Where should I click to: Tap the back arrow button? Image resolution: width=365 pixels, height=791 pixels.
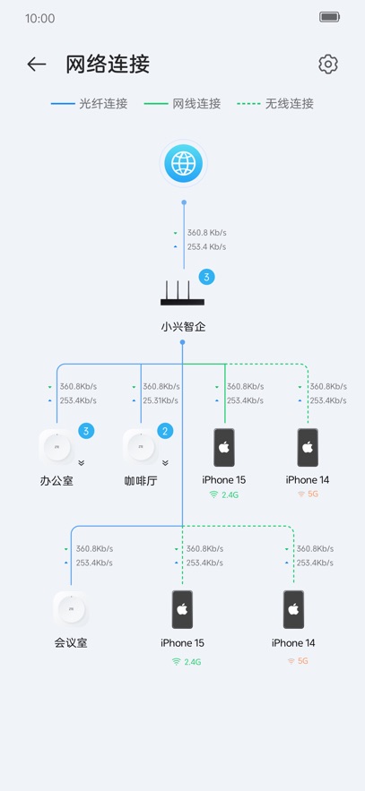click(x=36, y=64)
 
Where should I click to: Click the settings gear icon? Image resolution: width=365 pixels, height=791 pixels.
click(x=327, y=64)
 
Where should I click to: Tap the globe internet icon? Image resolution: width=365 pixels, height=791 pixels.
click(x=184, y=164)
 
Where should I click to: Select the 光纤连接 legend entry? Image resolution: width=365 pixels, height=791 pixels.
click(x=89, y=104)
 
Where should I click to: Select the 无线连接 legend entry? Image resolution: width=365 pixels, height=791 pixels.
click(x=275, y=104)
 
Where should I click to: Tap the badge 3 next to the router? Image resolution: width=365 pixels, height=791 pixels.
click(x=206, y=278)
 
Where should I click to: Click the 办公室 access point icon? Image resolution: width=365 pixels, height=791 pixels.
click(x=56, y=446)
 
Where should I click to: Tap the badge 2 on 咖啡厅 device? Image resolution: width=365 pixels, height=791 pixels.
click(x=165, y=431)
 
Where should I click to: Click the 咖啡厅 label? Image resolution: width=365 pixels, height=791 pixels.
click(x=141, y=480)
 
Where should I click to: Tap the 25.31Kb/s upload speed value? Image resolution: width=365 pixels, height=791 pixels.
click(x=161, y=400)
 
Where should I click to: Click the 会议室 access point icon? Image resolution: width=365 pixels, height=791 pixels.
click(x=71, y=609)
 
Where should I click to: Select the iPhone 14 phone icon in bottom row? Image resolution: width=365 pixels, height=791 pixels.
click(x=293, y=609)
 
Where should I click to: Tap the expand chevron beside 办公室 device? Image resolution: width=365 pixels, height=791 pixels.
click(x=81, y=463)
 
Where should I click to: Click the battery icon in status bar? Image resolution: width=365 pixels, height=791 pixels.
click(x=329, y=17)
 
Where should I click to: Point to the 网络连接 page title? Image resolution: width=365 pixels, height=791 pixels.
click(x=108, y=64)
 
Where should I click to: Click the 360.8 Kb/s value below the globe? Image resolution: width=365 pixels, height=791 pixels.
click(x=206, y=232)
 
